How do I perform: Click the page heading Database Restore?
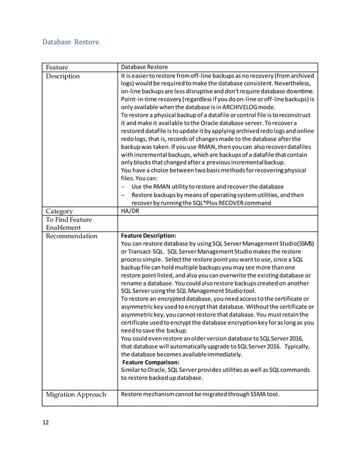coord(71,42)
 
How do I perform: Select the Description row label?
coord(63,76)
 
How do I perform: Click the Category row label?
coord(60,212)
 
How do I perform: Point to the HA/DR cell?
coord(130,212)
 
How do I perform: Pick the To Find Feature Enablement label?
coord(68,223)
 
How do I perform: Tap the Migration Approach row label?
coord(76,394)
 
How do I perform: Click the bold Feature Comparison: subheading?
coord(151,362)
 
